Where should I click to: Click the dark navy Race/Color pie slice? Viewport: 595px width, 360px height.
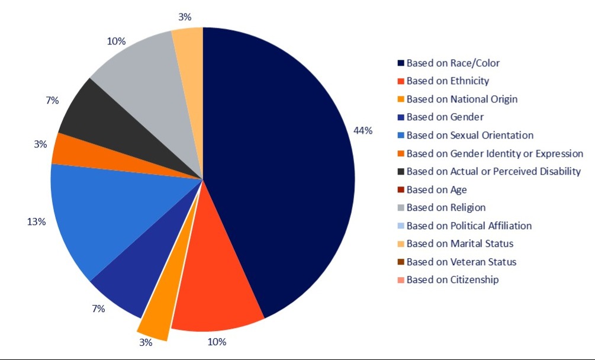[x=278, y=166]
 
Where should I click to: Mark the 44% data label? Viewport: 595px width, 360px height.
[x=363, y=131]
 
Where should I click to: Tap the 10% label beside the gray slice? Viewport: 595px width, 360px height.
[x=116, y=41]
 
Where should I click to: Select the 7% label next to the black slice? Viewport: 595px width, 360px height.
[x=52, y=101]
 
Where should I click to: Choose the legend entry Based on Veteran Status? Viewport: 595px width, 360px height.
[x=461, y=262]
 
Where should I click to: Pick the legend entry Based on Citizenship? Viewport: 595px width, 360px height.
[x=452, y=279]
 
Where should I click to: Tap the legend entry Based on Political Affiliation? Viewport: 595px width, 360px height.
[x=469, y=226]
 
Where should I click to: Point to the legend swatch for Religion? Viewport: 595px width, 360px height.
[x=401, y=208]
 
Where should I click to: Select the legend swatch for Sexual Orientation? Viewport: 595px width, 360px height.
[x=401, y=136]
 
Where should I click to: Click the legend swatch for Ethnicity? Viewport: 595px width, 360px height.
[x=401, y=81]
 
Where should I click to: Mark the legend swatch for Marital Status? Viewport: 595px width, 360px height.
[x=401, y=244]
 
